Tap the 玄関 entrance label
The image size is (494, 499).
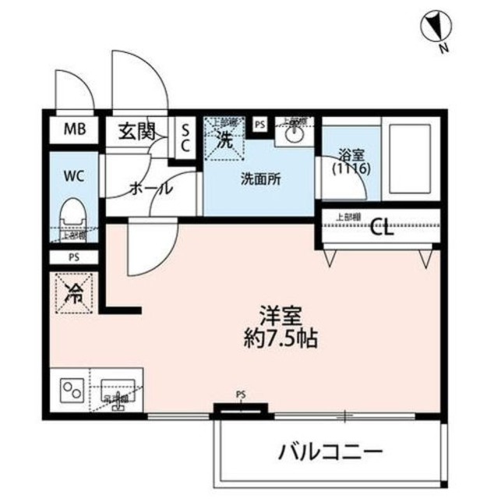tap(137, 132)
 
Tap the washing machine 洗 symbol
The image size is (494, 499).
tap(224, 141)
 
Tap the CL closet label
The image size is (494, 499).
tap(383, 228)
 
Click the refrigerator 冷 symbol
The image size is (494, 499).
tap(76, 295)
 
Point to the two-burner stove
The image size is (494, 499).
tap(74, 388)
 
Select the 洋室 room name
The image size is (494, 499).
tap(277, 317)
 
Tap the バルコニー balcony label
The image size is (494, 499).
tap(330, 451)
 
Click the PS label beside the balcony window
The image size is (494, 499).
tap(240, 395)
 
